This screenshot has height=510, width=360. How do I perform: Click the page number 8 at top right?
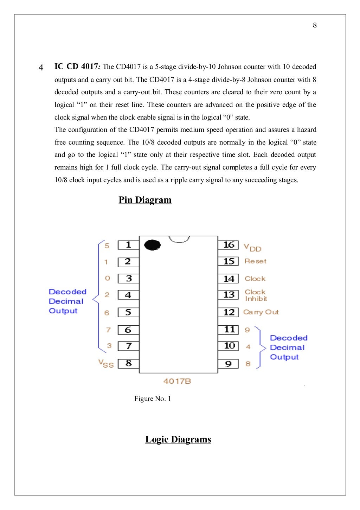click(x=315, y=25)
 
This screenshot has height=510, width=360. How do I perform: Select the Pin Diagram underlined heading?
click(x=145, y=200)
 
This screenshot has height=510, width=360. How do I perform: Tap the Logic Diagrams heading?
click(x=178, y=439)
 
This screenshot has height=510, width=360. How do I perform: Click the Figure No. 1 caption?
click(x=153, y=399)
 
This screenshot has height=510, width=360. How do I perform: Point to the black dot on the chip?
click(x=152, y=245)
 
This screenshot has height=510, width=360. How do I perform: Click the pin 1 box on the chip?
click(x=128, y=245)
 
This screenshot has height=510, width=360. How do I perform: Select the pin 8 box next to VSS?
click(x=128, y=363)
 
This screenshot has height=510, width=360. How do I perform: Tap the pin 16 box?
click(x=229, y=245)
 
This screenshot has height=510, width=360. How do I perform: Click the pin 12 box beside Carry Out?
click(x=229, y=312)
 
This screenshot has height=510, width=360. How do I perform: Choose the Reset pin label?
click(x=256, y=261)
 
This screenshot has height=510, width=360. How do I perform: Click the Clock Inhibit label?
click(x=256, y=295)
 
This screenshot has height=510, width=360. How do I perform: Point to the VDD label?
click(x=252, y=248)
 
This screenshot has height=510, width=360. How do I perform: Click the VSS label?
click(x=106, y=364)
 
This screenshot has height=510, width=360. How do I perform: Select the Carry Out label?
click(x=261, y=312)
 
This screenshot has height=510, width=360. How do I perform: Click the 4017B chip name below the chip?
click(x=177, y=381)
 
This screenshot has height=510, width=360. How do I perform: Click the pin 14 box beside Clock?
click(x=229, y=279)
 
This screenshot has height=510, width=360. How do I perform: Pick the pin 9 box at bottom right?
click(x=229, y=364)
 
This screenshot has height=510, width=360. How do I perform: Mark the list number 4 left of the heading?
click(x=41, y=68)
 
